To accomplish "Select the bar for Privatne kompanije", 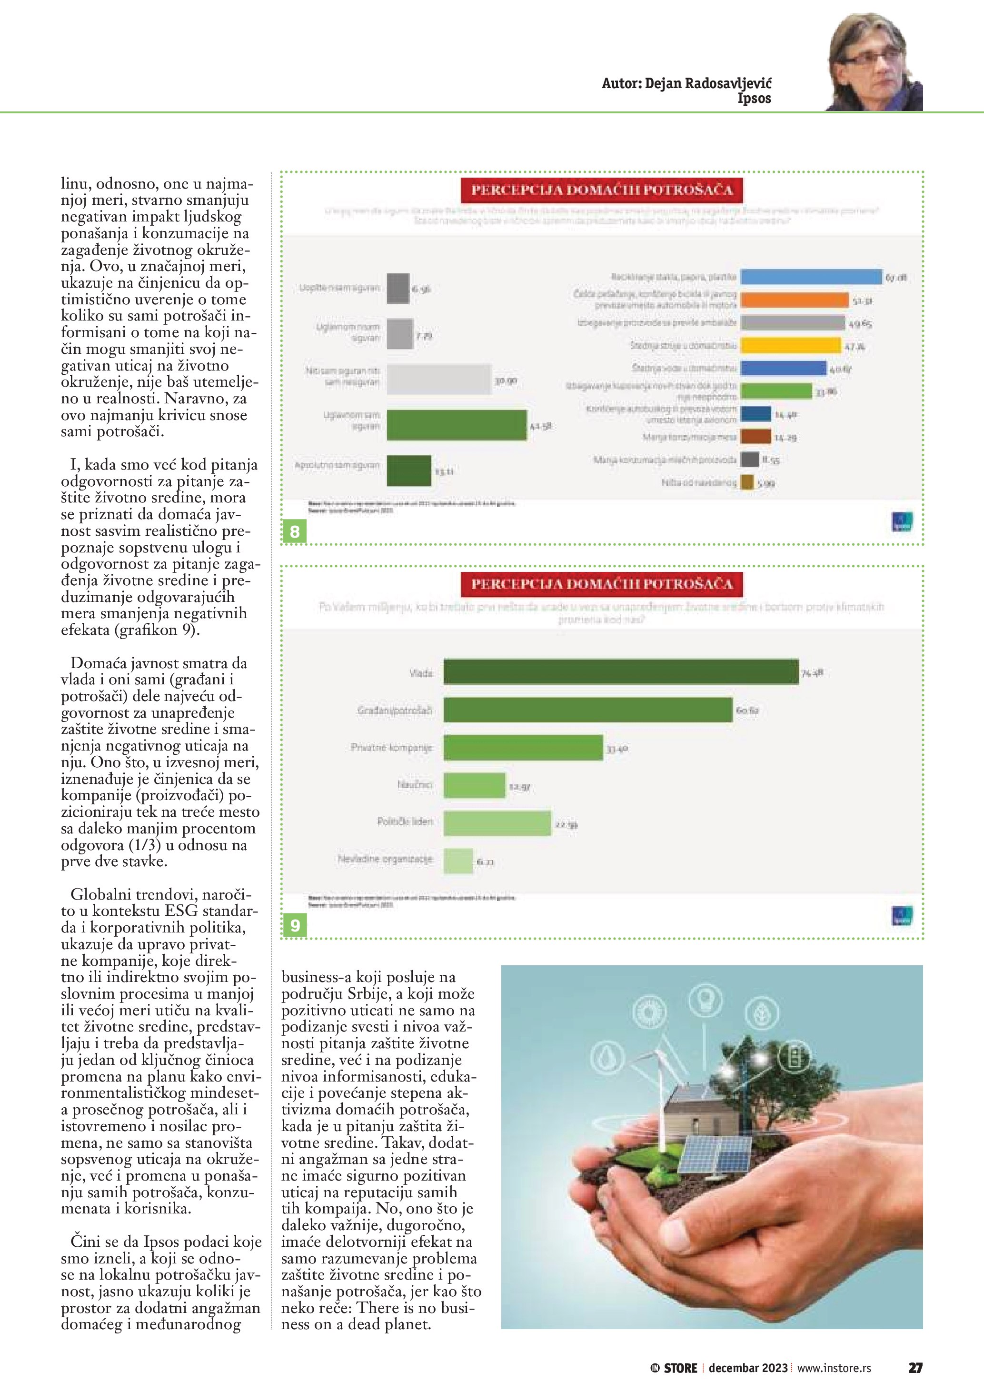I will pos(523,748).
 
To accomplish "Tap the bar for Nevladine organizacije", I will pos(458,861).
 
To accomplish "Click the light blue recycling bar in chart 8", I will pos(811,277).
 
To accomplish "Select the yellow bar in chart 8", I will pos(791,346).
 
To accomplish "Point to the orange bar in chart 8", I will pos(795,300).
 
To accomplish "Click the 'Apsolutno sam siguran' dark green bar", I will pos(408,471).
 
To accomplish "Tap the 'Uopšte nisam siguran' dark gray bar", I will pos(398,289).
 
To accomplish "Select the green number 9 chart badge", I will pos(295,926).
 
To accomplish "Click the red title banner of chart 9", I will pos(602,584).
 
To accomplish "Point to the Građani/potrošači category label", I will pos(395,711).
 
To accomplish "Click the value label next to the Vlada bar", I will pos(812,673).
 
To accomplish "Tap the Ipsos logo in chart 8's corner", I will pos(902,522).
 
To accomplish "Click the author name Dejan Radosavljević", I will pos(686,84).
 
